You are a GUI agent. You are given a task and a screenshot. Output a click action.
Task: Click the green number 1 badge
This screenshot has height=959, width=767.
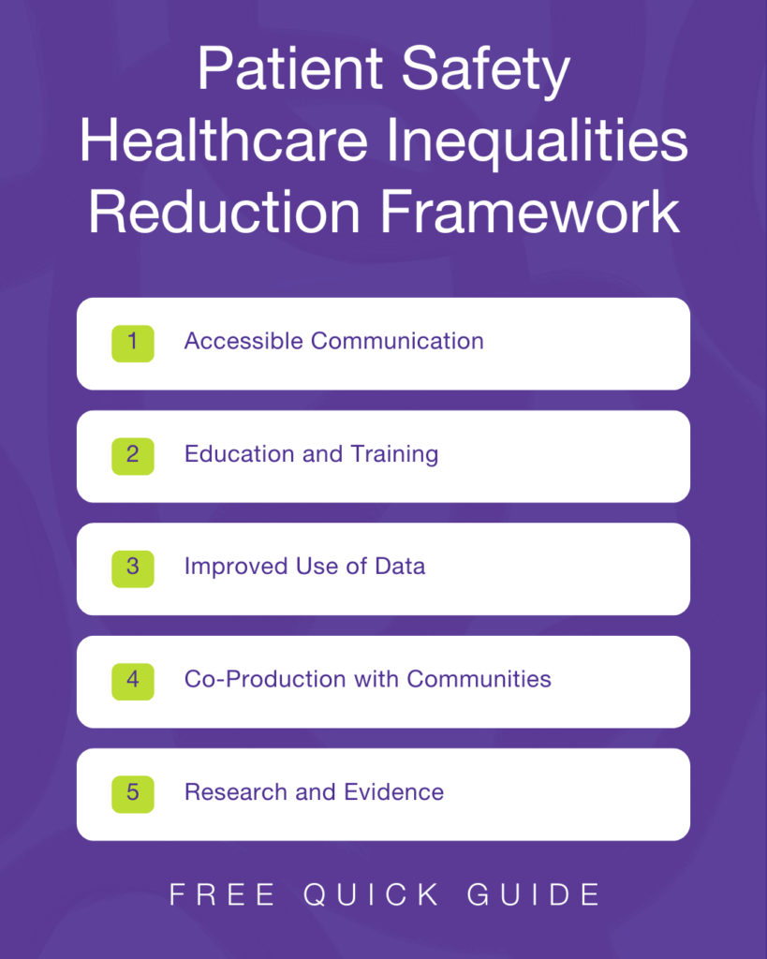[x=132, y=343]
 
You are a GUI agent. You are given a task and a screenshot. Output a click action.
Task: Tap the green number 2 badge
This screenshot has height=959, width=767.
[x=132, y=455]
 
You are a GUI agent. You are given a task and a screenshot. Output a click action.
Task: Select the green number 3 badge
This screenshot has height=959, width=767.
[x=132, y=568]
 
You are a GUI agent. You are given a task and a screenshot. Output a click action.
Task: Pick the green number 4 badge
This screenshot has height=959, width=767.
[x=132, y=680]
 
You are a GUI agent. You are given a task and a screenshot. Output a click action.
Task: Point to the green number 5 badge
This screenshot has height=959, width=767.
[x=132, y=793]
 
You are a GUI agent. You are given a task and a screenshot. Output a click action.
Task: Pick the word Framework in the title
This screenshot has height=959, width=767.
[x=529, y=214]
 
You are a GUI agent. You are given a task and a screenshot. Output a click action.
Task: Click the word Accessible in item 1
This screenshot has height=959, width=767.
[x=243, y=341]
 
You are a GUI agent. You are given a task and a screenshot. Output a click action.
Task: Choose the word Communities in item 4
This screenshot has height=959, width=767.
[x=479, y=679]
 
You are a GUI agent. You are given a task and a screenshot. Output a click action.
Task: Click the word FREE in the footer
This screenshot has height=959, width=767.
[x=223, y=894]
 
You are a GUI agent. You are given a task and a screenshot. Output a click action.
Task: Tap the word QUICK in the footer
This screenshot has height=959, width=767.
[x=372, y=894]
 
